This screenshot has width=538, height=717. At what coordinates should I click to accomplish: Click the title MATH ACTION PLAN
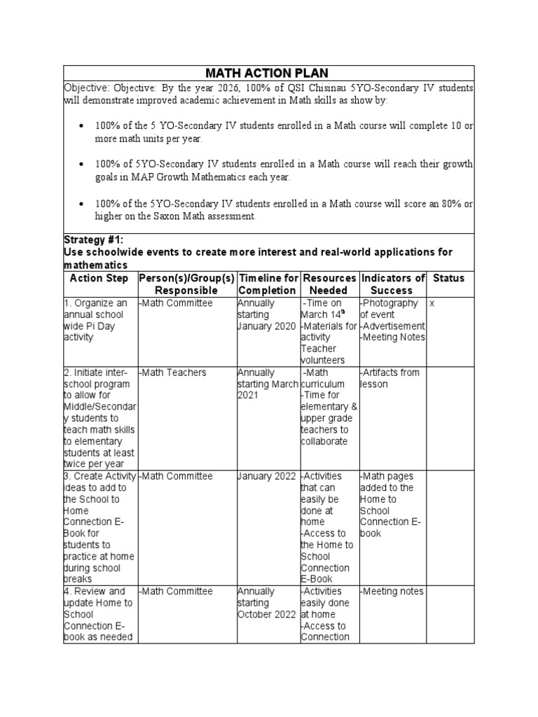click(x=269, y=73)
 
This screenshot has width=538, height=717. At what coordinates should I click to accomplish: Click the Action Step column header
click(x=99, y=278)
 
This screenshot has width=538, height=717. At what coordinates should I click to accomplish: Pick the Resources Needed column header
click(x=329, y=284)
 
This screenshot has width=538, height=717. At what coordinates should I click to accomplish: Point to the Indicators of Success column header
click(x=392, y=284)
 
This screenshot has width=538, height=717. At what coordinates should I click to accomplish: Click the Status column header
click(x=448, y=278)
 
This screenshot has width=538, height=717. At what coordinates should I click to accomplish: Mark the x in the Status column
click(x=432, y=304)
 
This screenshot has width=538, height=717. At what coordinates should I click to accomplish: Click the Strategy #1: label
click(x=93, y=240)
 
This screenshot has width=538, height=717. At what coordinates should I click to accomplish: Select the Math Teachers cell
click(x=174, y=373)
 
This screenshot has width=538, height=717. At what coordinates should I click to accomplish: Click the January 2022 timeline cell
click(x=266, y=476)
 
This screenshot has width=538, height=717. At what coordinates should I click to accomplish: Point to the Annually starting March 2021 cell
click(x=266, y=384)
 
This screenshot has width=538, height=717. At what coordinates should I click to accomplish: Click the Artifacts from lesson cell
click(x=389, y=378)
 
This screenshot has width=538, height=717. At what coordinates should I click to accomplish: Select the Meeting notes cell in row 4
click(x=392, y=592)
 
